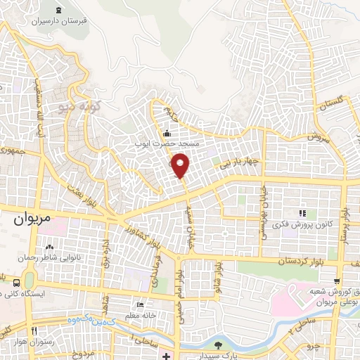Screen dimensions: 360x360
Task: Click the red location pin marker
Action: tap(181, 165)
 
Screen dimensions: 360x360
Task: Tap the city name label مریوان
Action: tap(33, 219)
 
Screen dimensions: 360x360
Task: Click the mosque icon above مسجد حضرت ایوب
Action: tap(167, 134)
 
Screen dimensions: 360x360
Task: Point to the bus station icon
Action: tap(16, 282)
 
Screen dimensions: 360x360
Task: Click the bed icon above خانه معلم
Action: tap(139, 304)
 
